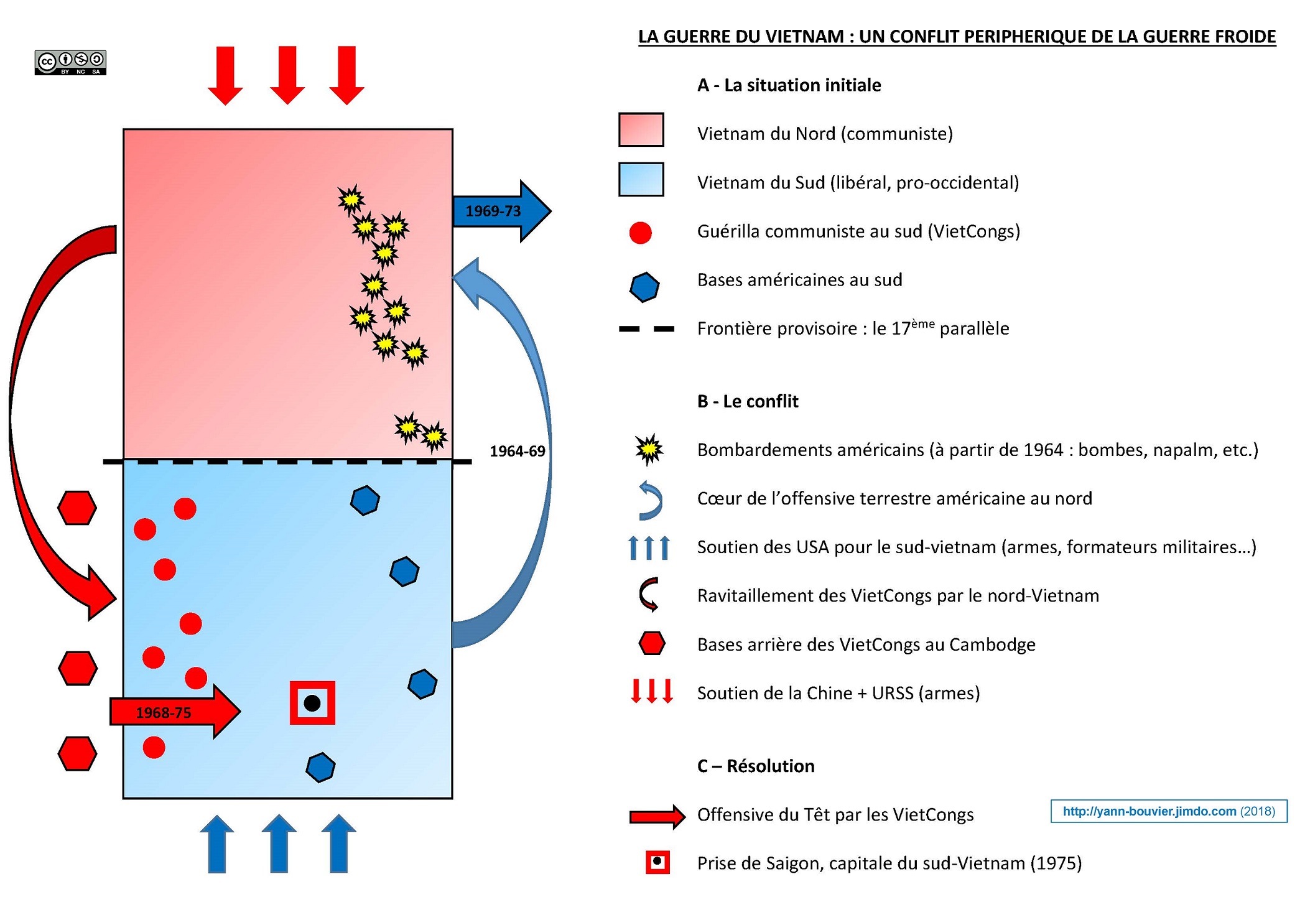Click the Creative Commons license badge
coord(70,62)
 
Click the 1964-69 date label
coord(517,451)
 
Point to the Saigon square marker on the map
coord(312,703)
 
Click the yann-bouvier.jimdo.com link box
coord(1168,811)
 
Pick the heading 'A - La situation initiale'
coord(789,85)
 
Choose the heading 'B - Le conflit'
coord(747,401)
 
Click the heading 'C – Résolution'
coord(755,766)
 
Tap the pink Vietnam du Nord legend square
coord(641,130)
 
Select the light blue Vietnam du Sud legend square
coord(641,179)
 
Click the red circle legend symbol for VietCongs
coord(640,233)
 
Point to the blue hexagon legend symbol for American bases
coord(644,287)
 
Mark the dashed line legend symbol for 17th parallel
coord(646,328)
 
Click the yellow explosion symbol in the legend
coord(649,449)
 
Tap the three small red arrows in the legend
coord(651,691)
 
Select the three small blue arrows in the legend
coord(649,547)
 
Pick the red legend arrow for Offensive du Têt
coord(657,816)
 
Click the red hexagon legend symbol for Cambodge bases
coord(651,643)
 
